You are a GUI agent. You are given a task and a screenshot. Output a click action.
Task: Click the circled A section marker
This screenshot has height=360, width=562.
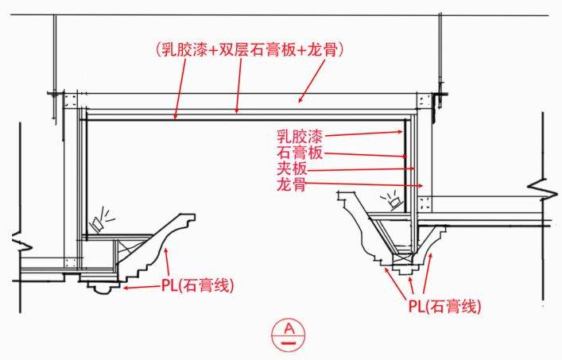[289, 331]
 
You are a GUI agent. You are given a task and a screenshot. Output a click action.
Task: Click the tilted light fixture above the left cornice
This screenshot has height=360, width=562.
[101, 220]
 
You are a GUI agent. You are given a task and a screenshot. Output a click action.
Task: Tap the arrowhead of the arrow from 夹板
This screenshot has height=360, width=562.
[413, 168]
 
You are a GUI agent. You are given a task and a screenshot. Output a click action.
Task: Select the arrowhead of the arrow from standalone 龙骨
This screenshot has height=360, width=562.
[421, 186]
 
